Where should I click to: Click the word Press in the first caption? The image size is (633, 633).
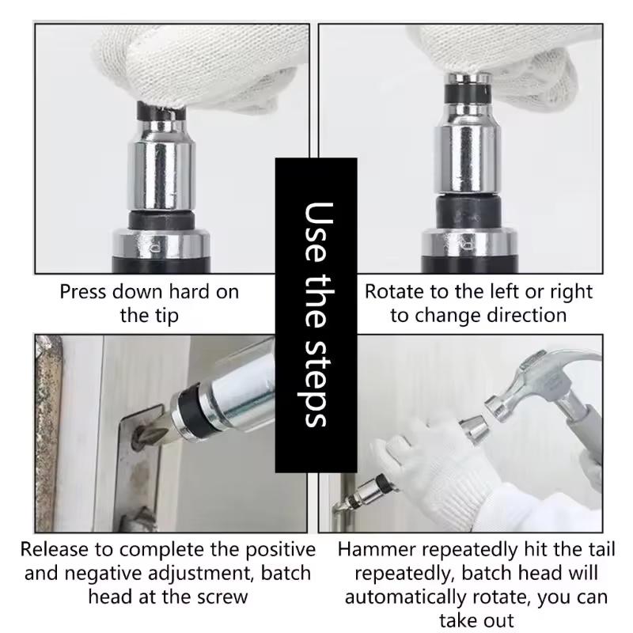coord(83,292)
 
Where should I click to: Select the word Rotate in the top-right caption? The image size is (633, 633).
coord(392,292)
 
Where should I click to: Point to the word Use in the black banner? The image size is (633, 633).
coord(316,226)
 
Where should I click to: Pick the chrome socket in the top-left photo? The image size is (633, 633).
coord(163,170)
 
